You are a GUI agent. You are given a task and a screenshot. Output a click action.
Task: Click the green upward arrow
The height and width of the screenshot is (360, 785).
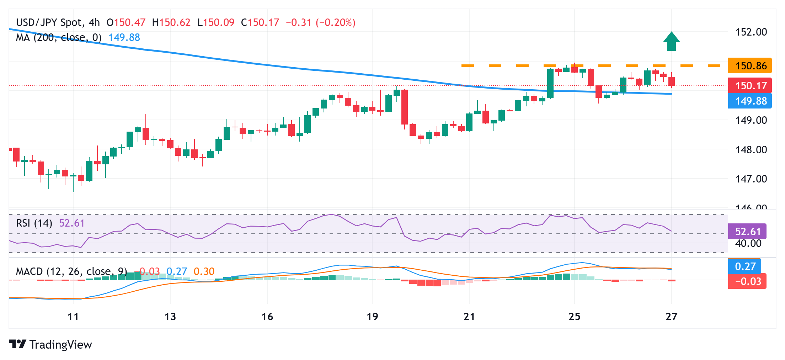coord(671,42)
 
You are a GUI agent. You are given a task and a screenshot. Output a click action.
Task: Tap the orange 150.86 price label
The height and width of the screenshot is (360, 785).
coord(750,66)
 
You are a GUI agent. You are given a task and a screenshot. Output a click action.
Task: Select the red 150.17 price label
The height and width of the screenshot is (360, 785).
coord(750,86)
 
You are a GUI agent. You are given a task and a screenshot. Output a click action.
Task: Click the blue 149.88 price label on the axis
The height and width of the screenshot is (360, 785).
coord(750,101)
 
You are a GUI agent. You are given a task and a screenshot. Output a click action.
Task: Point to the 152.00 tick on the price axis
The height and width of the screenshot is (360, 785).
coord(751,32)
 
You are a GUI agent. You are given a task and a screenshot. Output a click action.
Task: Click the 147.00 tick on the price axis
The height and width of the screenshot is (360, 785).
coord(751,179)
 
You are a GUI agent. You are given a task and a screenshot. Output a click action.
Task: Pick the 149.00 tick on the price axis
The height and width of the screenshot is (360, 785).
coord(751,120)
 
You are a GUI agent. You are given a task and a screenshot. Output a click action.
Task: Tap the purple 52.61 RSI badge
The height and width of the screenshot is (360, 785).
coord(747,232)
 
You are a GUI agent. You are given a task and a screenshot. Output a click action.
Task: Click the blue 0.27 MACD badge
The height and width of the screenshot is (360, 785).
coord(745,266)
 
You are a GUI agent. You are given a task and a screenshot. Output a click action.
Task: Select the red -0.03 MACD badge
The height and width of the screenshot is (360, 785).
coord(747,281)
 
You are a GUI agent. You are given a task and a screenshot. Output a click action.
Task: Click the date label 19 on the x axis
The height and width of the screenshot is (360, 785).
coord(372,317)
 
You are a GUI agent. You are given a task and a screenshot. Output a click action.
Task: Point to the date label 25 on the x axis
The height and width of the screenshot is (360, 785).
coord(574,317)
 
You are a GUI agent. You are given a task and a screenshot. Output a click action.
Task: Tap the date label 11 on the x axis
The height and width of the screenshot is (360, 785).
coord(73,317)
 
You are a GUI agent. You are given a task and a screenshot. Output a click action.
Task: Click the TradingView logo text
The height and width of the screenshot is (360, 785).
coord(60,345)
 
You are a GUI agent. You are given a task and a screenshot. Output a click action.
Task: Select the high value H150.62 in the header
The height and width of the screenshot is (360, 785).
coord(171,22)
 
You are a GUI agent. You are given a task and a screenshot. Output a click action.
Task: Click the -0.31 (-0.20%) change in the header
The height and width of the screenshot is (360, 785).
coord(320,22)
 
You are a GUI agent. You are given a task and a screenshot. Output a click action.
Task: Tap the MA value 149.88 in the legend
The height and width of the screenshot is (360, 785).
coord(124,37)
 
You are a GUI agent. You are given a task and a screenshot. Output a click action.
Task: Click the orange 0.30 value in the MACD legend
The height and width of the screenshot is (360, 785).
coord(204,271)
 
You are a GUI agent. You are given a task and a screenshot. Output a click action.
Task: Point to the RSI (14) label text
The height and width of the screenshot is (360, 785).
coord(34,223)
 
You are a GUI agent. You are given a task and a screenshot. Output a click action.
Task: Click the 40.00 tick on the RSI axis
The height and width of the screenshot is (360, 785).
coord(748,244)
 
